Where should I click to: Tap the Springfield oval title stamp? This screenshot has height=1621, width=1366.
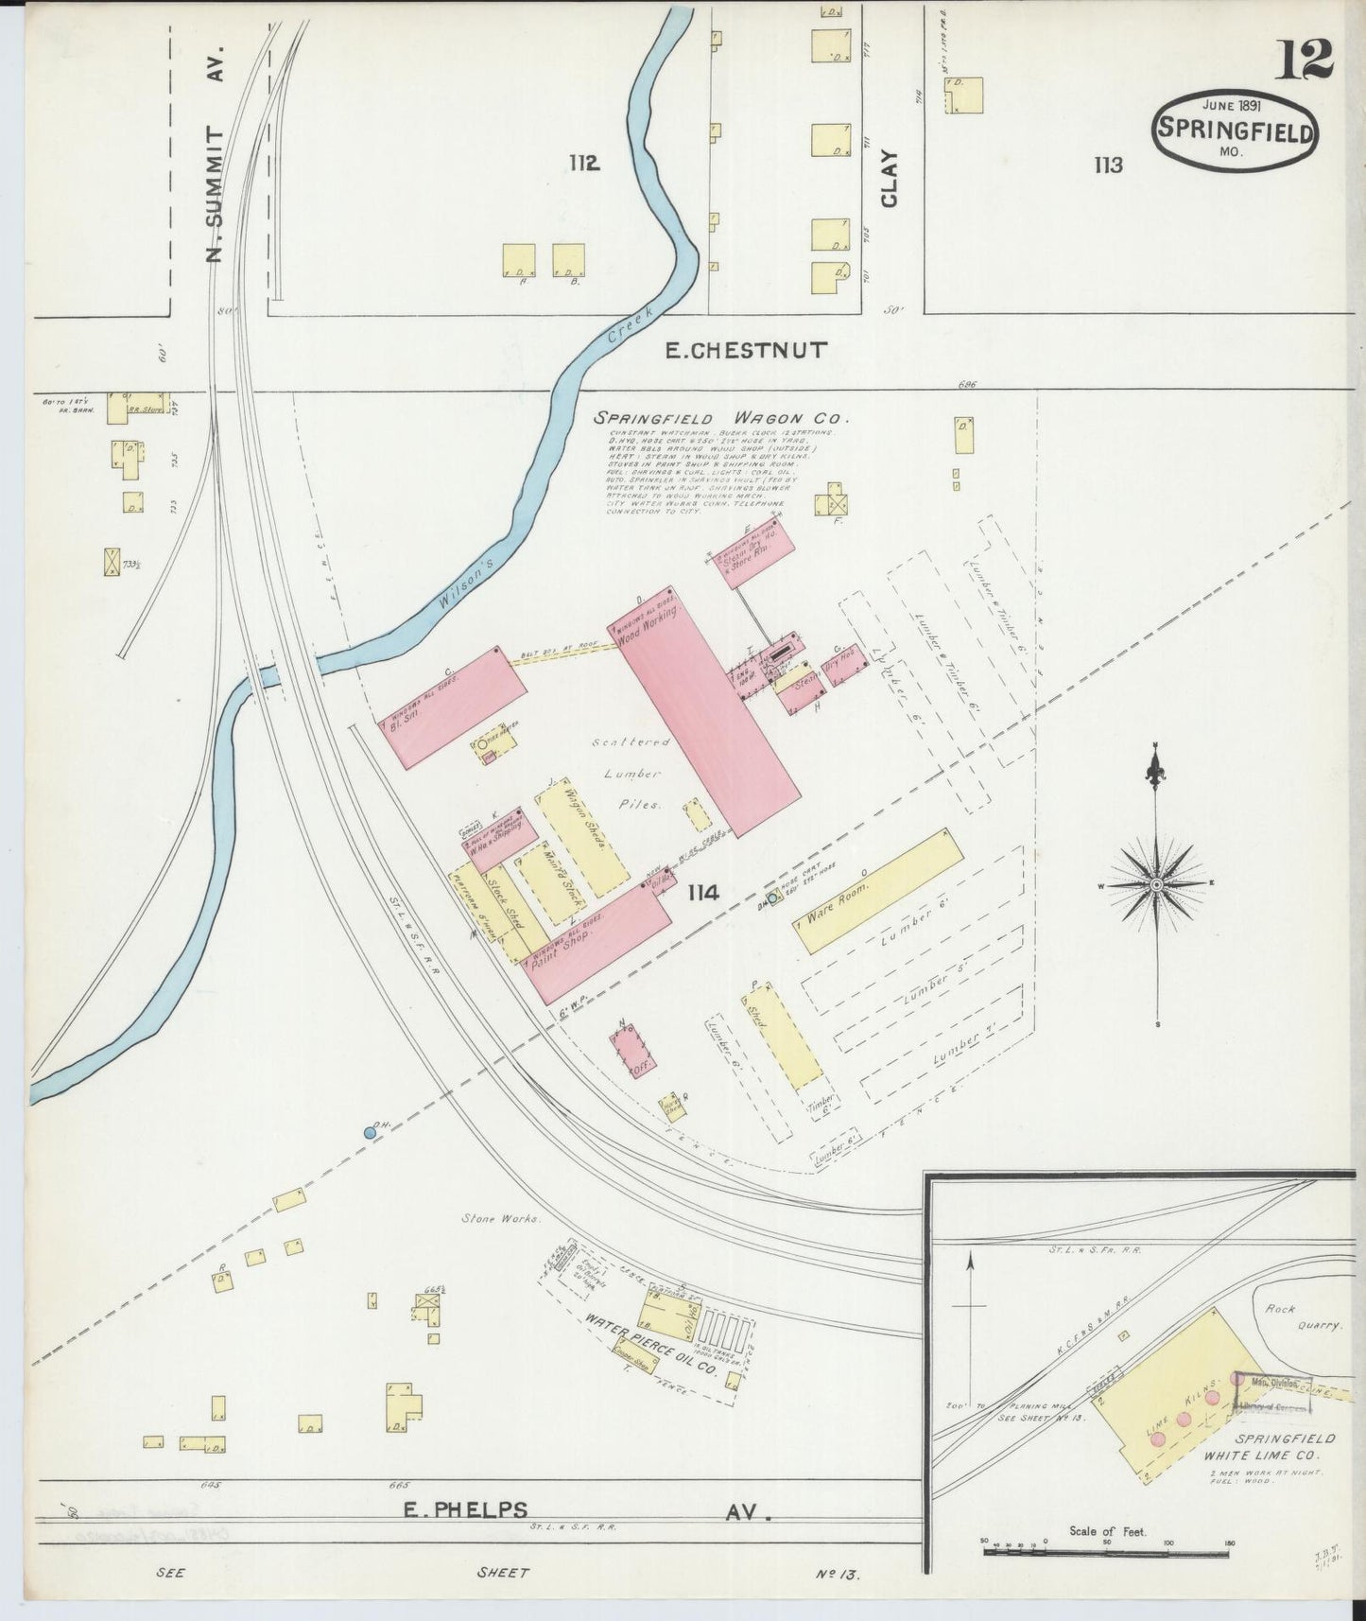coord(1235,130)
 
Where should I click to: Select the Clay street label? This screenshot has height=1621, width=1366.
coord(890,179)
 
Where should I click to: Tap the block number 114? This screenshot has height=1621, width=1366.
coord(704,891)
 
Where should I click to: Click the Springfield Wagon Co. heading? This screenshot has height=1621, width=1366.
coord(721,417)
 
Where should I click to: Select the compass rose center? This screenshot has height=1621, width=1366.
coord(1155,884)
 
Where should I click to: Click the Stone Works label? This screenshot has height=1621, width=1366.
coord(501,1218)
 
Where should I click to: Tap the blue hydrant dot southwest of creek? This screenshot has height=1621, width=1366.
coord(371,1131)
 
